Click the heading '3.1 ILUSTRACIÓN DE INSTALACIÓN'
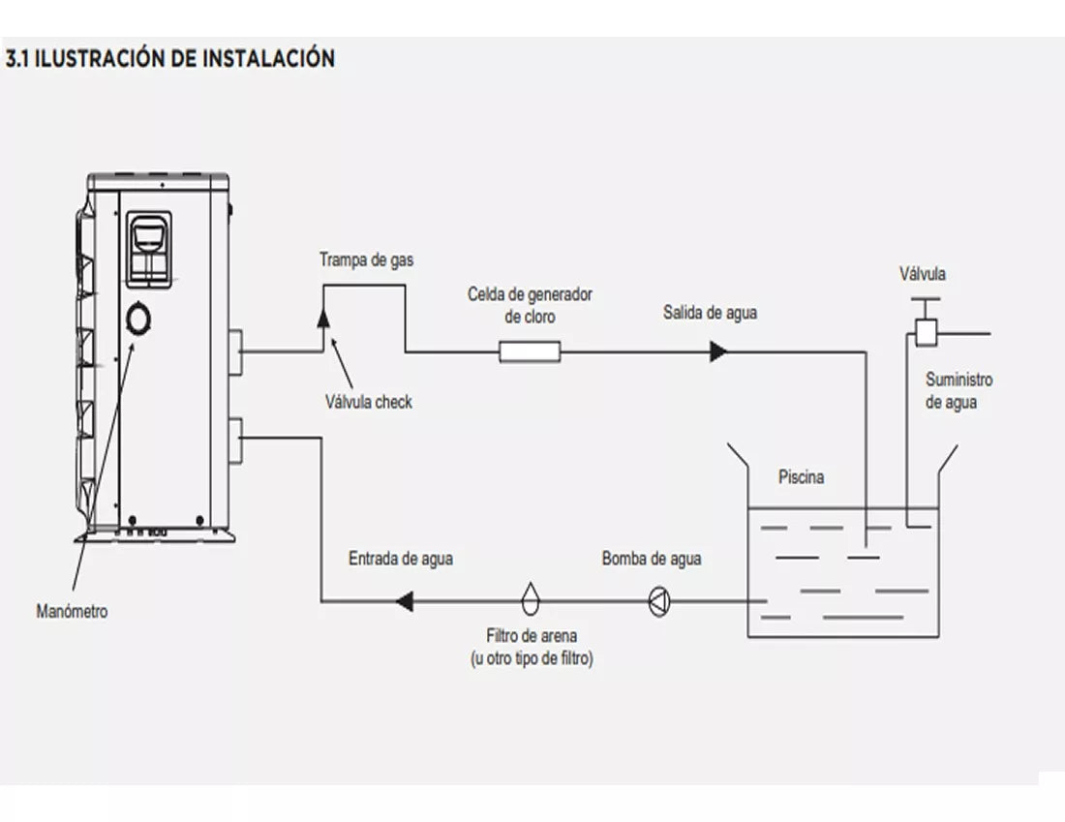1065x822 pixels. [x=170, y=58]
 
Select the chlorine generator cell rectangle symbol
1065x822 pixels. [x=530, y=351]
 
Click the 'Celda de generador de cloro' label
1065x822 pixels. [x=530, y=305]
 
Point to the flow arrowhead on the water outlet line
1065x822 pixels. [x=717, y=351]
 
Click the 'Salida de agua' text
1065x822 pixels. [x=710, y=313]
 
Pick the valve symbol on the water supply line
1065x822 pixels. [x=925, y=333]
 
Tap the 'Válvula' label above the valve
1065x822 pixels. [x=923, y=274]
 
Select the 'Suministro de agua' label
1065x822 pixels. [x=958, y=391]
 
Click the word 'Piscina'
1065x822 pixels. [x=801, y=477]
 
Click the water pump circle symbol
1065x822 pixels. [x=658, y=602]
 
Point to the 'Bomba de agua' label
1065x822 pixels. [x=652, y=559]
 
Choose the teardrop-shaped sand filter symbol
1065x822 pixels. [x=530, y=599]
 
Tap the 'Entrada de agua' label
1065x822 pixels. [x=400, y=559]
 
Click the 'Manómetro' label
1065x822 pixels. [x=72, y=611]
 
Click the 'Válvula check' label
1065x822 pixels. [x=368, y=402]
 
